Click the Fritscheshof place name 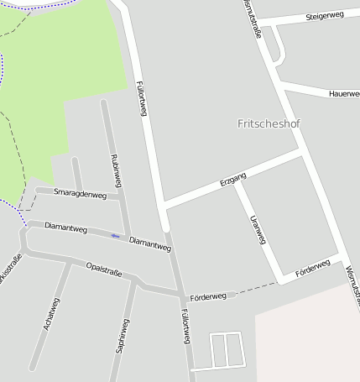pos(269,123)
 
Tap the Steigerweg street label pos(325,16)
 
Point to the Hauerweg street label pos(344,93)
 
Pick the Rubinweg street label pos(117,170)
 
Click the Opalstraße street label pos(104,269)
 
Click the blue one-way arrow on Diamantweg pos(115,236)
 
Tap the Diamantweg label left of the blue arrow pos(66,227)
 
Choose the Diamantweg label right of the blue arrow pos(151,243)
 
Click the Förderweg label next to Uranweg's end pos(313,268)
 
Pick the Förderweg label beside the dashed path pos(208,296)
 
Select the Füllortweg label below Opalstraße pos(185,326)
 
